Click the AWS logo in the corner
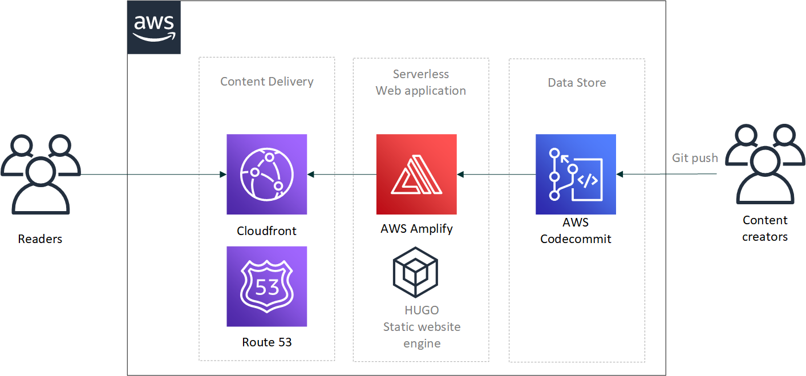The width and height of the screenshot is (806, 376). (154, 28)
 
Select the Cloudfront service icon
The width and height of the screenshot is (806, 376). (267, 174)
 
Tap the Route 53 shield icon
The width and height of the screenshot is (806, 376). (267, 286)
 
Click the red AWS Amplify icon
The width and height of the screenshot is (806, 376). (416, 174)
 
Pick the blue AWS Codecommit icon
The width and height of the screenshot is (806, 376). (576, 174)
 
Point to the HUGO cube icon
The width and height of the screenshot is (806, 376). (415, 272)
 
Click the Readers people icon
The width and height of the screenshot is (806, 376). (40, 174)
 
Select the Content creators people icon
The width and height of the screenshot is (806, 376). (764, 165)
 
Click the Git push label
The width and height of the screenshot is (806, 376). (695, 158)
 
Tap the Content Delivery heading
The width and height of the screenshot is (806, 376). (267, 82)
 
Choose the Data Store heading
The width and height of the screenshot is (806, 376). (577, 83)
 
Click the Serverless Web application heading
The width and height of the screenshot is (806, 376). (421, 82)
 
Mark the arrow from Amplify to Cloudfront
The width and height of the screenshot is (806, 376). (342, 174)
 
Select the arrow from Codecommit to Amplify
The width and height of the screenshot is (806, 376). (496, 174)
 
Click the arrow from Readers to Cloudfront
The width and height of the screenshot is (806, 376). (154, 174)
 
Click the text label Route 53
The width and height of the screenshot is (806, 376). (267, 342)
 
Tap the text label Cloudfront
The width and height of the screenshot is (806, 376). (267, 231)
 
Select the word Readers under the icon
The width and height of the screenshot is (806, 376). (40, 239)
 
